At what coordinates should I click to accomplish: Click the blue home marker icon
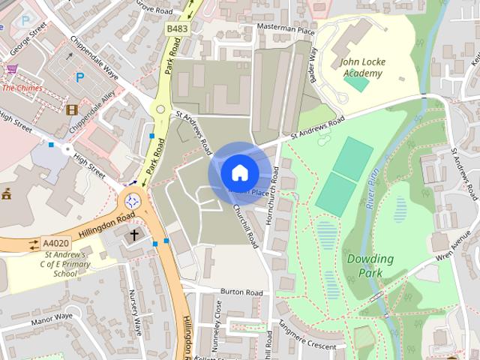click(x=238, y=172)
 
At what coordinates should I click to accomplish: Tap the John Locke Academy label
click(x=362, y=67)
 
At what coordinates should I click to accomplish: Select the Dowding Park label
click(x=370, y=266)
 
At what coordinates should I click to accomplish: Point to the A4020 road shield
click(x=55, y=244)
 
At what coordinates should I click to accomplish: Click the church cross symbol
click(x=134, y=235)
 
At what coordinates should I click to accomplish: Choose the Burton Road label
click(x=241, y=291)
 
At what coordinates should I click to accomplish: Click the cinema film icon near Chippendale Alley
click(x=71, y=109)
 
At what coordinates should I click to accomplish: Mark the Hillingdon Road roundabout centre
click(x=133, y=200)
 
